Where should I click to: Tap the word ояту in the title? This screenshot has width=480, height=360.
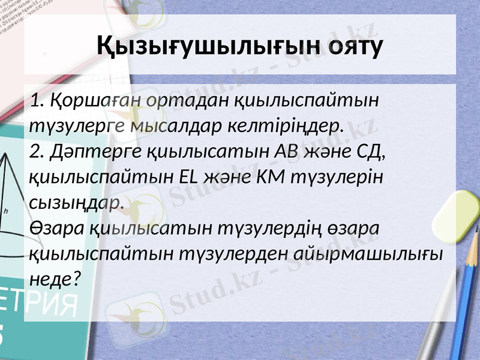pos(353,46)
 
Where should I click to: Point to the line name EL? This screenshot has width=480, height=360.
pos(188,178)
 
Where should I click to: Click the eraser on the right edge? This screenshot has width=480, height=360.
pos(461,216)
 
